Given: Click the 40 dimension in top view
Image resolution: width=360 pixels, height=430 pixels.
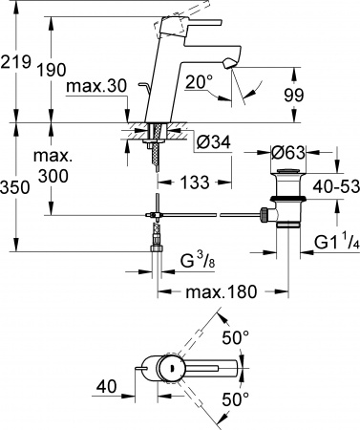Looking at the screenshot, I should coord(107,386).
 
